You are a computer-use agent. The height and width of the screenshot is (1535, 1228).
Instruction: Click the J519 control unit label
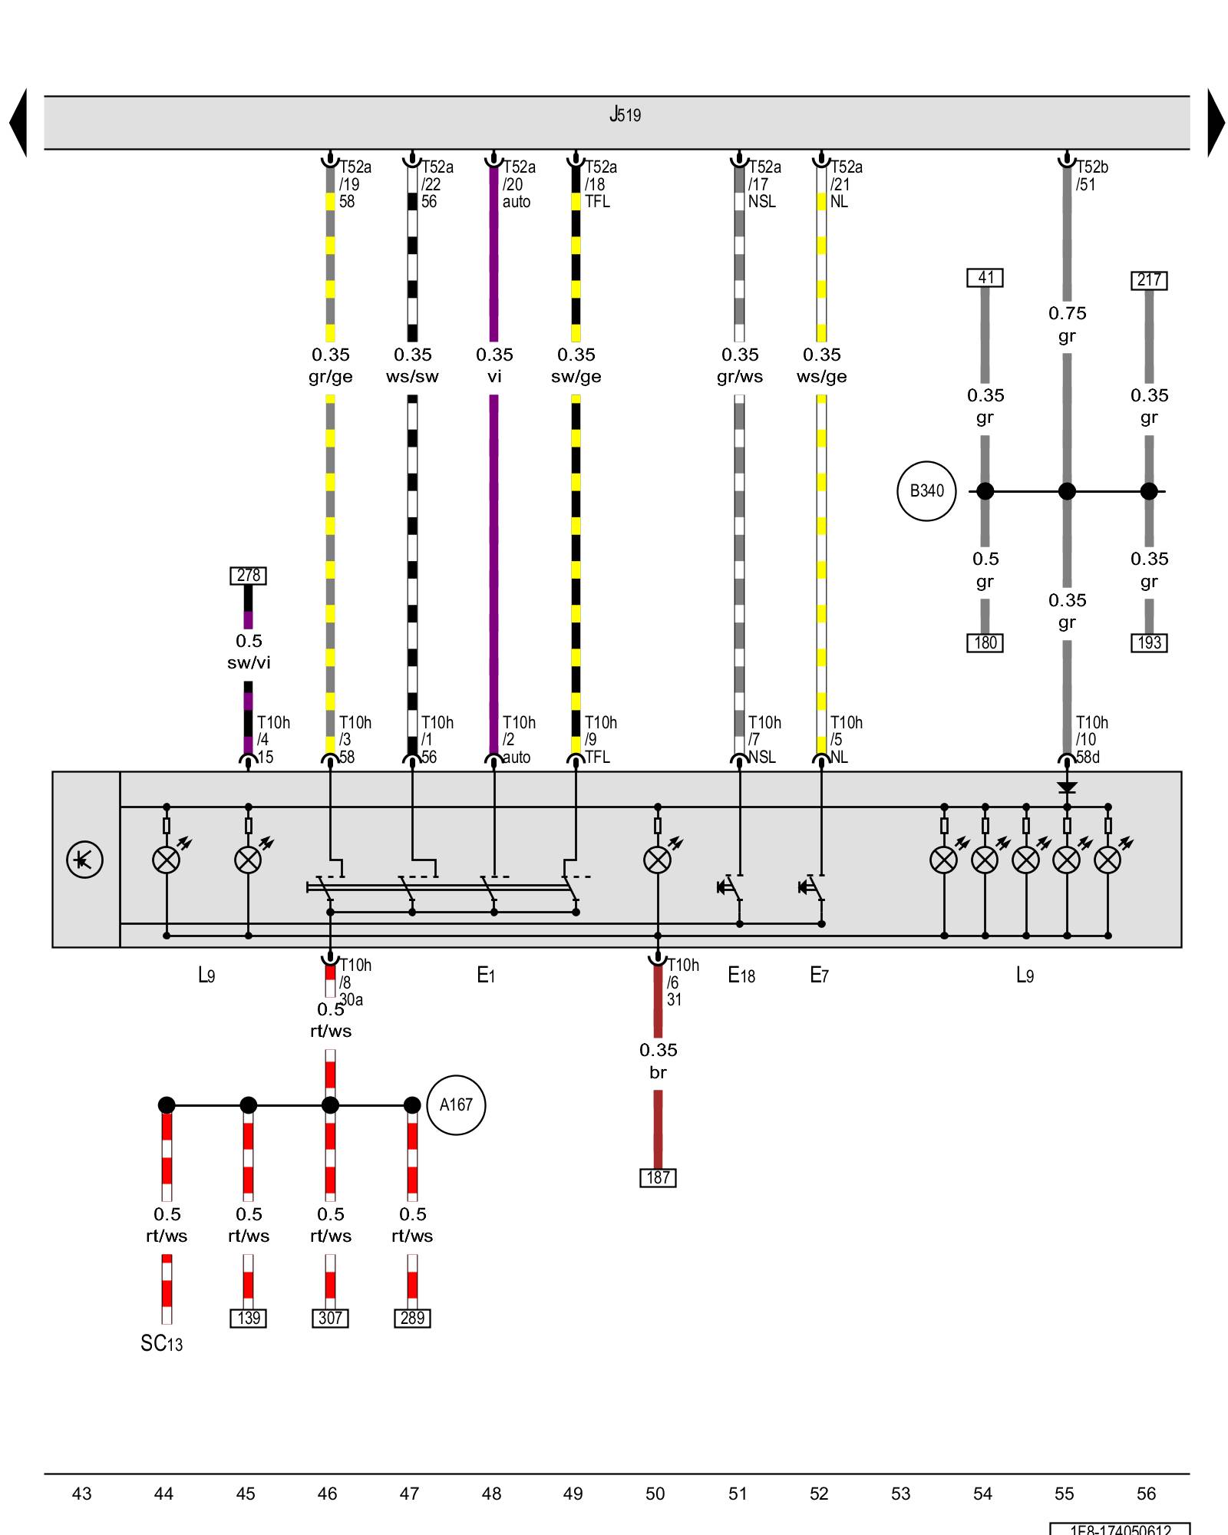tap(625, 115)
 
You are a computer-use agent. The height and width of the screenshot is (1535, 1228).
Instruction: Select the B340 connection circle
tap(926, 491)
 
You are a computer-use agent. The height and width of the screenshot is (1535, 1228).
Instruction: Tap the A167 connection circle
tap(456, 1105)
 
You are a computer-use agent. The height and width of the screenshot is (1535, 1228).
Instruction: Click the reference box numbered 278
tap(248, 576)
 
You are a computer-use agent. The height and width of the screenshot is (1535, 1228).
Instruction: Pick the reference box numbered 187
tap(658, 1177)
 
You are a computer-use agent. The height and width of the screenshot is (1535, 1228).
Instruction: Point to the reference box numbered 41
tap(985, 278)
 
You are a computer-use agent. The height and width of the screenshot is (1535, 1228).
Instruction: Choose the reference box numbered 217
tap(1149, 280)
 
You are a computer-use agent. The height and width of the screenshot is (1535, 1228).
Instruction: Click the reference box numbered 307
tap(330, 1318)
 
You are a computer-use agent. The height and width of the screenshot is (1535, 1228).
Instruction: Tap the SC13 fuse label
tap(162, 1343)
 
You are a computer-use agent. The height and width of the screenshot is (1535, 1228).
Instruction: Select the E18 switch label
tap(741, 975)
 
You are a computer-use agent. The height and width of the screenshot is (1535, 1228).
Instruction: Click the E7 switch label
tap(820, 975)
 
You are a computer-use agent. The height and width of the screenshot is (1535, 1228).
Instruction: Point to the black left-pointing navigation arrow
tap(18, 123)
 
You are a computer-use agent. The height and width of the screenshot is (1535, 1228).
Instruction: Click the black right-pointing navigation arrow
tap(1216, 123)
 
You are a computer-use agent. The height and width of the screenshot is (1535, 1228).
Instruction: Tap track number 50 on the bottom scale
tap(655, 1494)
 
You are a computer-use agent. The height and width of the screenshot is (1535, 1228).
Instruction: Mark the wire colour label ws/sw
tap(412, 377)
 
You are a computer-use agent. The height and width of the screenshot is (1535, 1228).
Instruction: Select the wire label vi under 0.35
tap(494, 377)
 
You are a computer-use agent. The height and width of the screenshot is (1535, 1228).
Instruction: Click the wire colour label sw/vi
tap(249, 663)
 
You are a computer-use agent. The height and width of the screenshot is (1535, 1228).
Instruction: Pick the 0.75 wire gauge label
tap(1068, 313)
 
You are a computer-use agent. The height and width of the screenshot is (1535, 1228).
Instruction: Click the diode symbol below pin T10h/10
tap(1067, 788)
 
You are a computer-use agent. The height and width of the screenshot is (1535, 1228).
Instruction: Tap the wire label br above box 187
tap(658, 1072)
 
